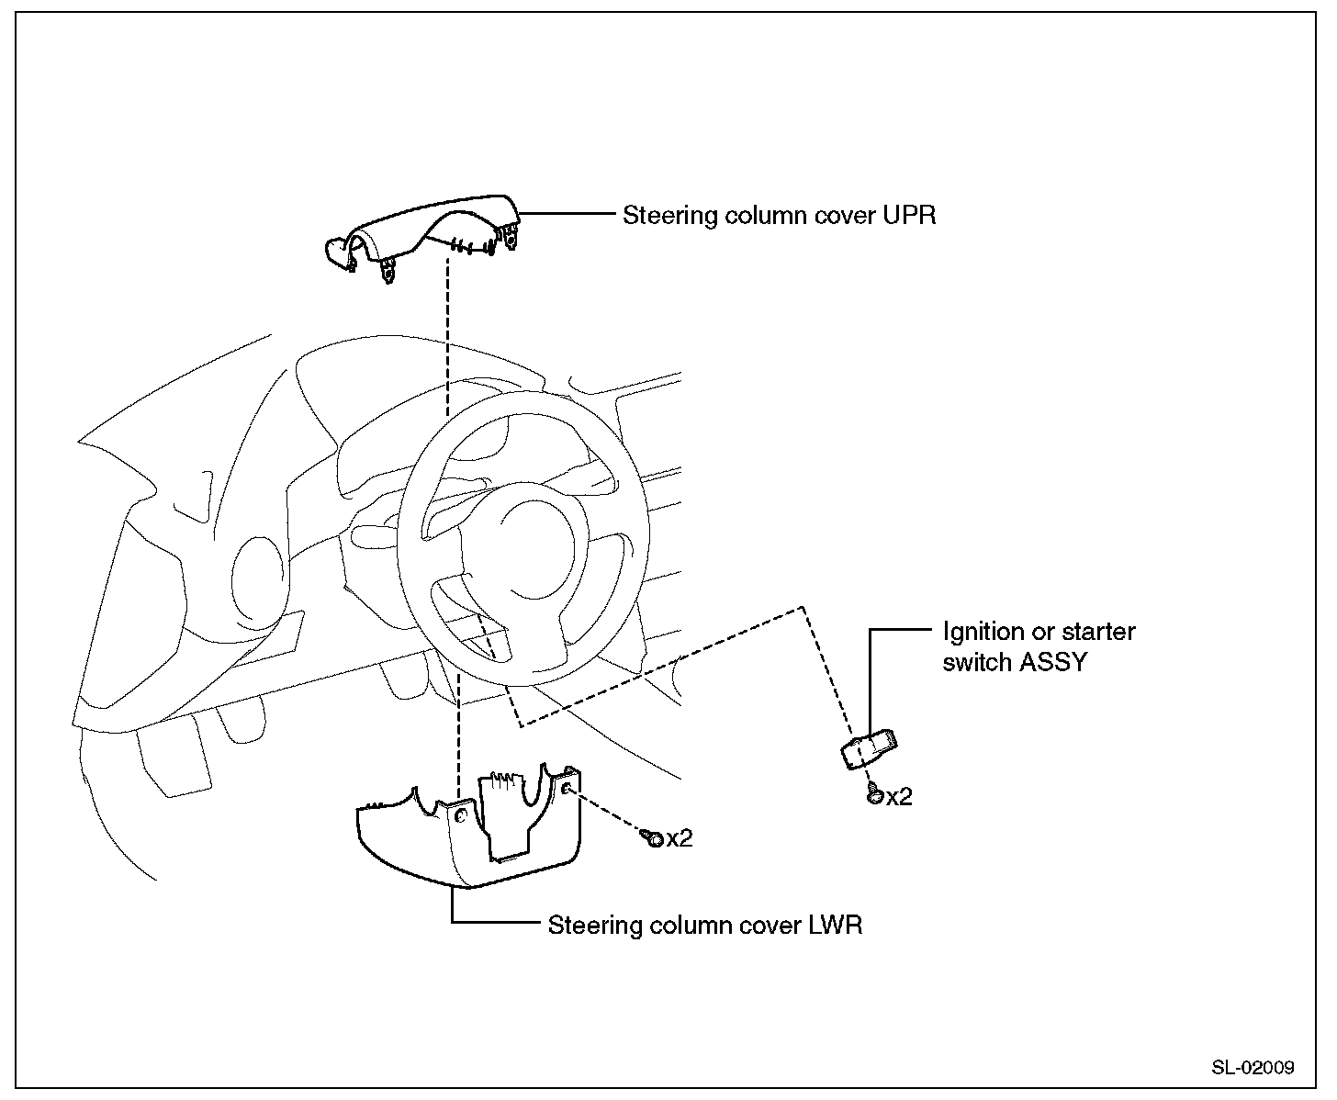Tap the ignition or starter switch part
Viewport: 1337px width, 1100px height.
click(869, 748)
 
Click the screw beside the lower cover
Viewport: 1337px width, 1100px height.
click(654, 837)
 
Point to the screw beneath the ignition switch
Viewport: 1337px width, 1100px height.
click(875, 795)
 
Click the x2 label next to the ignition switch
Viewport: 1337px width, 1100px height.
click(900, 797)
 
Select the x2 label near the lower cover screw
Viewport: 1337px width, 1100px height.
click(680, 838)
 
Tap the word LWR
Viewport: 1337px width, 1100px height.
click(835, 925)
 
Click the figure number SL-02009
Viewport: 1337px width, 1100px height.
click(1253, 1068)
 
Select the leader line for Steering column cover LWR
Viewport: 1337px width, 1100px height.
click(496, 923)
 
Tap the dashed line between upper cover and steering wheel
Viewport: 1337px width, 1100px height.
click(447, 340)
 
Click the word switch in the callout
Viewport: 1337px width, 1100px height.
click(977, 662)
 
